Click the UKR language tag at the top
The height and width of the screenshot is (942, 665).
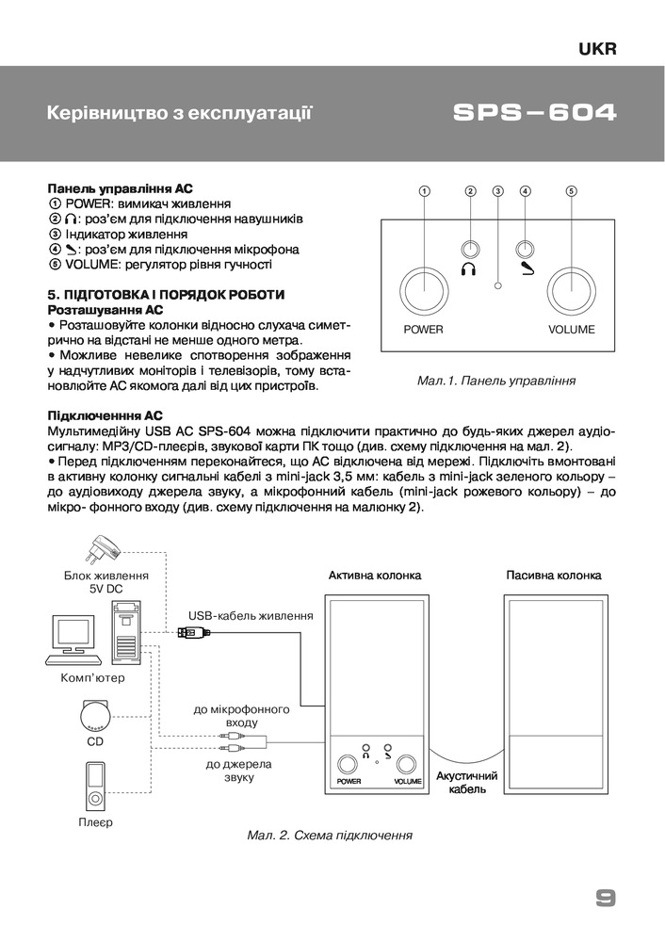598,50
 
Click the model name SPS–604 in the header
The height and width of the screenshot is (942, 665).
534,114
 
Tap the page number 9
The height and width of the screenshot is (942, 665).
606,898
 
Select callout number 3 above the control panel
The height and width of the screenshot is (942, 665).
498,191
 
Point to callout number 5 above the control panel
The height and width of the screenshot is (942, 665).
571,191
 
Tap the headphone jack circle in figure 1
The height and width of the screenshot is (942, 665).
470,250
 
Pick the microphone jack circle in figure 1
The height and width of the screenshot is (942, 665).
526,250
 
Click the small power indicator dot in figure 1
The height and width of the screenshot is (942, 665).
498,285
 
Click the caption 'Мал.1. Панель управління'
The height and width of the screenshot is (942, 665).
495,382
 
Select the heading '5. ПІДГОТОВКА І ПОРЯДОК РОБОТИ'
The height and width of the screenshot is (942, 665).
165,295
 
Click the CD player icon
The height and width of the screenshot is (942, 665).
95,715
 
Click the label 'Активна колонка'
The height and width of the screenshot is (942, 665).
375,575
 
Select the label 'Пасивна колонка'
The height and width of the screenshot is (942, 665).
553,575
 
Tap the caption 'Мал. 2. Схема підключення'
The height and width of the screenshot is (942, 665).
330,836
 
